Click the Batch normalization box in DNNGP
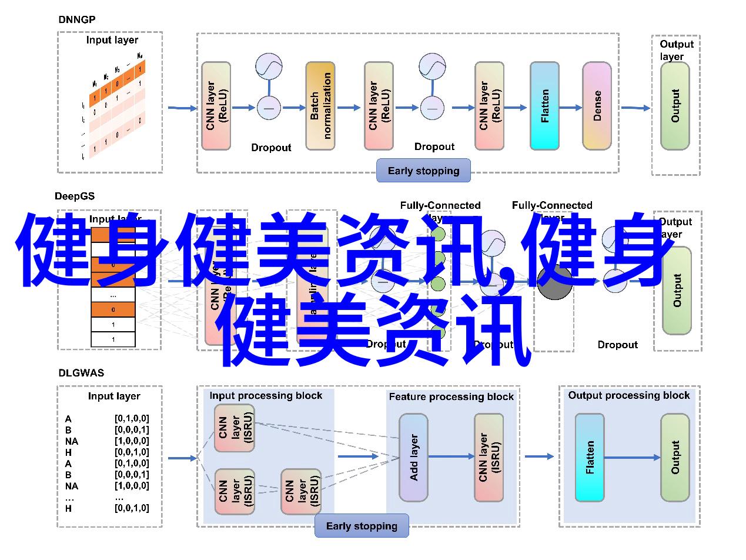click(x=320, y=106)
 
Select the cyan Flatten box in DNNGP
click(x=544, y=106)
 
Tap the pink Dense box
click(x=597, y=106)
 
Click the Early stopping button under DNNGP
click(x=423, y=171)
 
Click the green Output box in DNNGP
click(x=675, y=106)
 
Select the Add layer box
click(x=413, y=458)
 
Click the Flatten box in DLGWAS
click(x=590, y=458)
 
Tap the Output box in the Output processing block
click(x=674, y=458)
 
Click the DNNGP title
click(x=77, y=19)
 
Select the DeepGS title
click(x=75, y=196)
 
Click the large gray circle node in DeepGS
click(x=554, y=283)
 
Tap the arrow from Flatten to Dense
click(x=570, y=108)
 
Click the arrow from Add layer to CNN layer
click(x=451, y=456)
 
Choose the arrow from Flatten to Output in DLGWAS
click(x=632, y=457)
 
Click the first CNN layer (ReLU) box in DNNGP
click(x=216, y=106)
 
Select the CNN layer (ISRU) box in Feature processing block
click(x=489, y=458)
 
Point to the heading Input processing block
click(x=266, y=396)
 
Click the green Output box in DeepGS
click(x=677, y=291)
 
